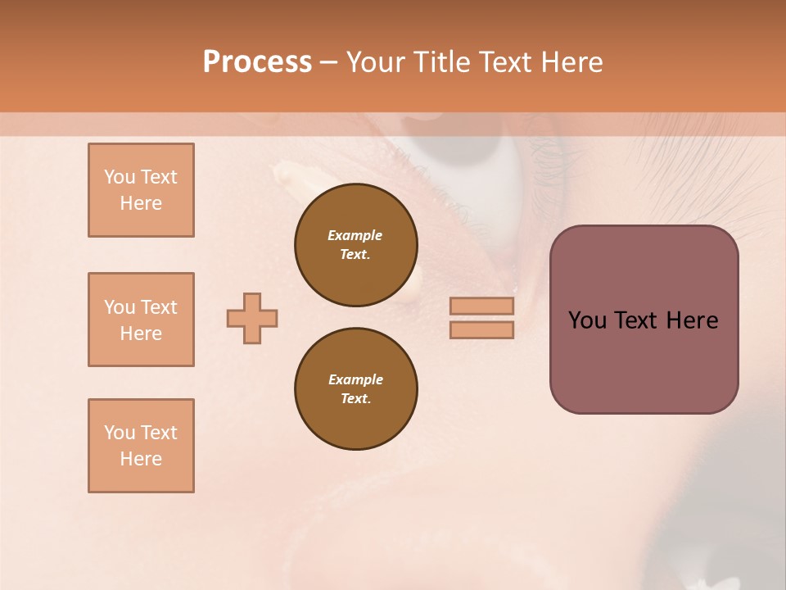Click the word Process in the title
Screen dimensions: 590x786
pyautogui.click(x=257, y=62)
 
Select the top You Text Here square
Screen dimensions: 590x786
pyautogui.click(x=141, y=190)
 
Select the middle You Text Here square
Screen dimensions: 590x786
pyautogui.click(x=141, y=320)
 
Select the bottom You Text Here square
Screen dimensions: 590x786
pyautogui.click(x=141, y=446)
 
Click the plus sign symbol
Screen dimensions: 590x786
pyautogui.click(x=252, y=318)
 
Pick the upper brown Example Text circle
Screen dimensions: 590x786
pyautogui.click(x=356, y=245)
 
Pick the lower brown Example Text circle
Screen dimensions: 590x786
pyautogui.click(x=356, y=389)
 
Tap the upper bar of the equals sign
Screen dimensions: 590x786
pyautogui.click(x=482, y=306)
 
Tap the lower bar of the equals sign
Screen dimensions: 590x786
pyautogui.click(x=482, y=329)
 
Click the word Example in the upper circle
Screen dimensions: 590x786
pyautogui.click(x=355, y=235)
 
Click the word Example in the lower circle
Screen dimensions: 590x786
pyautogui.click(x=355, y=379)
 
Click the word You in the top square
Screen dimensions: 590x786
pyautogui.click(x=119, y=177)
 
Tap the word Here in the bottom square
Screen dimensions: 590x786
pyautogui.click(x=141, y=459)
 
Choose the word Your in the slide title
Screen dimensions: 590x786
pyautogui.click(x=376, y=62)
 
